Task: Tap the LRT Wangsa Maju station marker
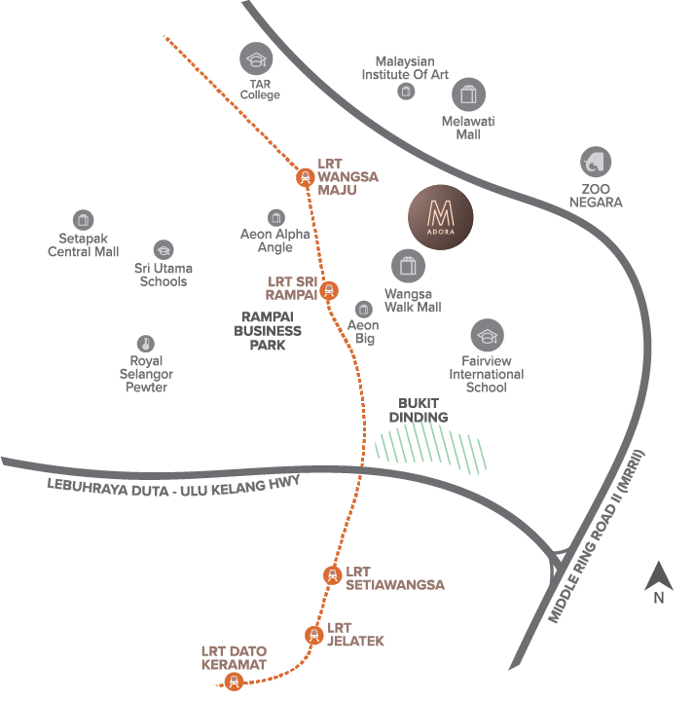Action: tap(306, 176)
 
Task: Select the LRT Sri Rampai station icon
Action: tap(330, 289)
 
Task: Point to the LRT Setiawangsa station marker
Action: tap(332, 574)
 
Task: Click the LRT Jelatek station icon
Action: tap(313, 635)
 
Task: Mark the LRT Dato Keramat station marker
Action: tap(234, 682)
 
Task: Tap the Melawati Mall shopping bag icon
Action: tap(469, 94)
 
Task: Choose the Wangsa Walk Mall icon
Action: tap(408, 266)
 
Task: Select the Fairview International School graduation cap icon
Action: tap(487, 337)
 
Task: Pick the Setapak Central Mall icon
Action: tap(83, 220)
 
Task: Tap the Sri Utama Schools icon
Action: tap(163, 250)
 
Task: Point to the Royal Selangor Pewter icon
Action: tap(146, 344)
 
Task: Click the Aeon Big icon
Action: tap(363, 310)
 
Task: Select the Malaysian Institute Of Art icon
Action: tap(405, 92)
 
